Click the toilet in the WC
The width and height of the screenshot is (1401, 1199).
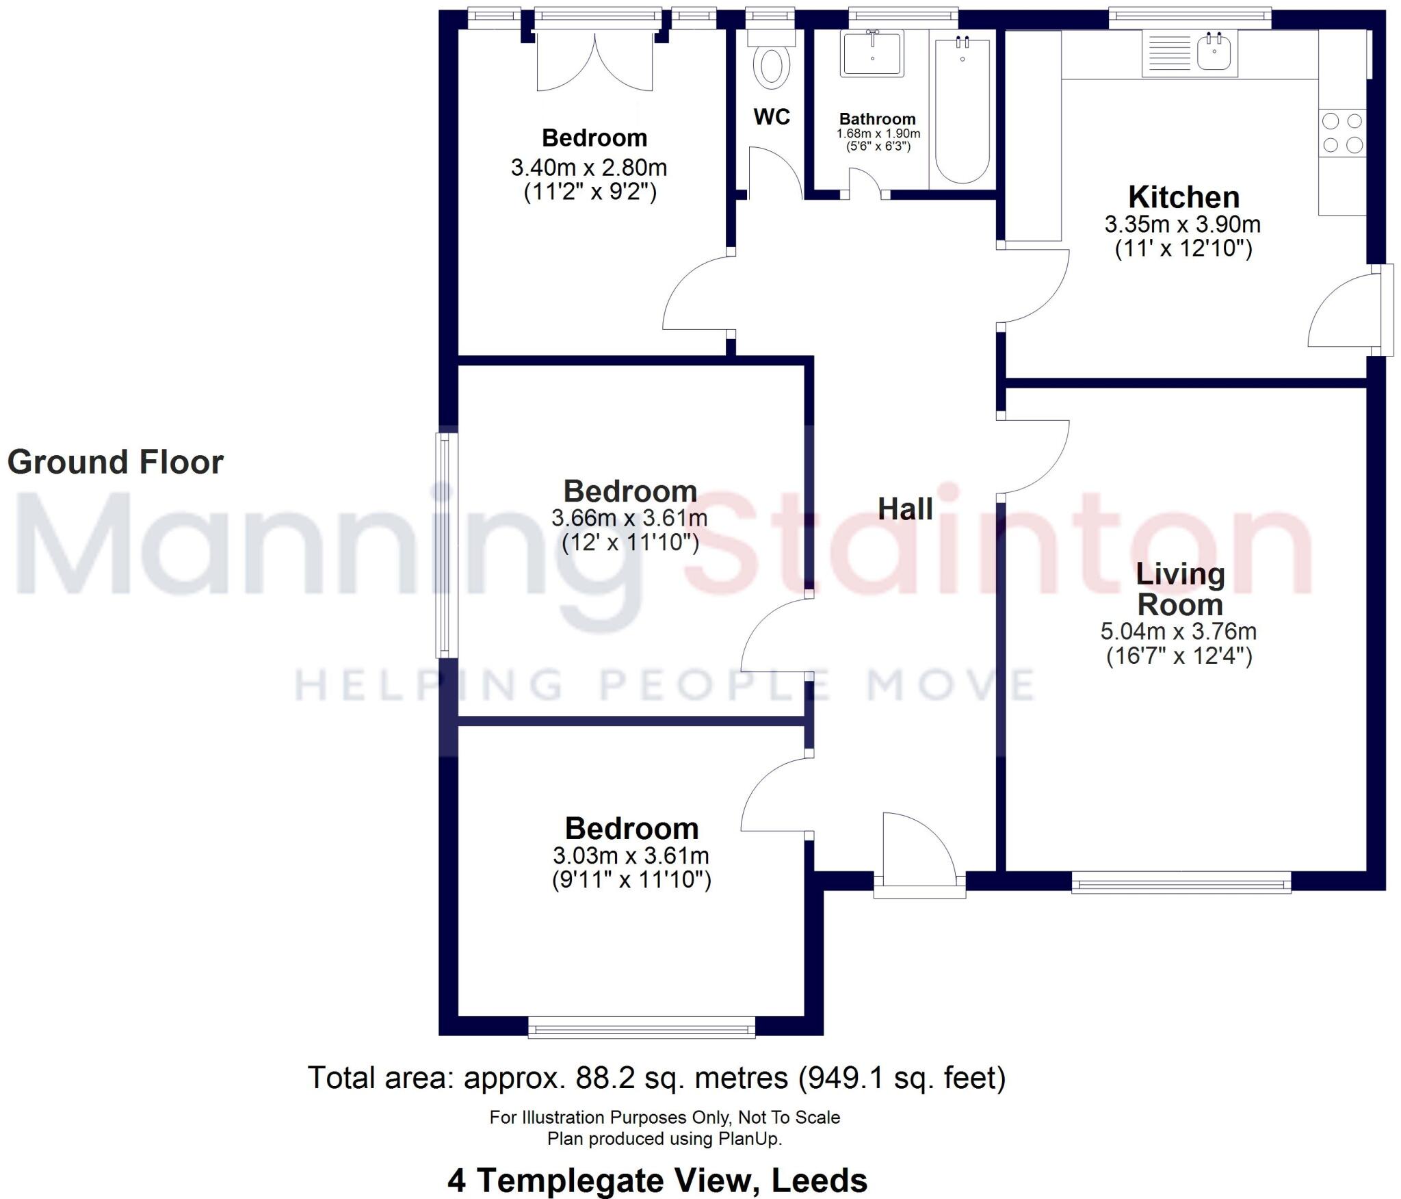pos(771,66)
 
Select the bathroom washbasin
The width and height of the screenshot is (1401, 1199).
pos(872,53)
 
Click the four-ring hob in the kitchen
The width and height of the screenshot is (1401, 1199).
pos(1342,133)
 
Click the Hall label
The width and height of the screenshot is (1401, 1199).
pos(905,509)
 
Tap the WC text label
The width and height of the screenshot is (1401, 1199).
pos(772,117)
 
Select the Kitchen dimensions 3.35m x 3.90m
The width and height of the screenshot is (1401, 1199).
pos(1183,224)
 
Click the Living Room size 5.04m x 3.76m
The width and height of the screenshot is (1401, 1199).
pos(1178,631)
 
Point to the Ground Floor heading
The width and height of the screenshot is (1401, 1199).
pos(115,462)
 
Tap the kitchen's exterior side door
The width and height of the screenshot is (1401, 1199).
pos(1344,311)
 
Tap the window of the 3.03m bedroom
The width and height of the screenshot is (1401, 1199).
pos(642,1027)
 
